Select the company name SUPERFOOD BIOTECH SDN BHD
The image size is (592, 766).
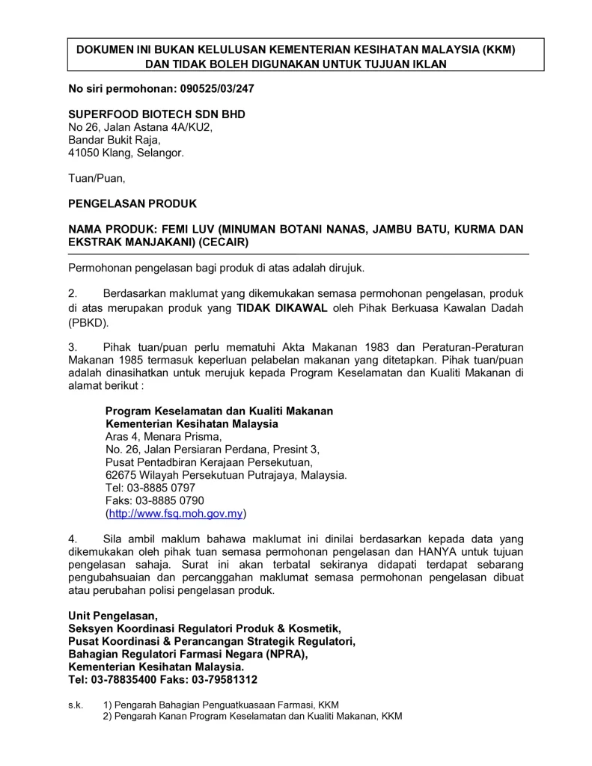click(157, 114)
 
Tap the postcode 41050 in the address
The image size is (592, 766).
click(84, 153)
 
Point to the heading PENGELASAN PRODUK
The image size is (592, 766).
click(132, 203)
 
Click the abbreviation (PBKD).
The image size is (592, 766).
click(88, 323)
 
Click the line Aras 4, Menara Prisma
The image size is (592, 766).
click(163, 437)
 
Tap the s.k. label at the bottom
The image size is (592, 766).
click(76, 705)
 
